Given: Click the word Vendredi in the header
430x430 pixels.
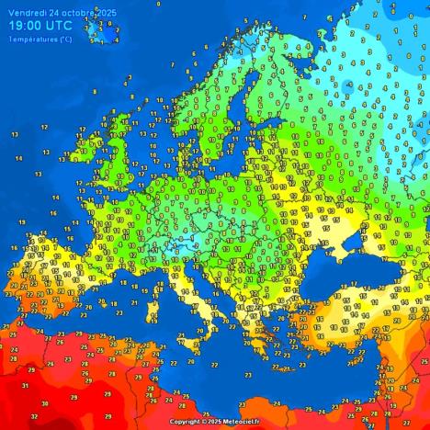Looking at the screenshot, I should coord(27,11).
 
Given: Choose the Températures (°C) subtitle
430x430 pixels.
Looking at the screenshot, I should coord(40,39).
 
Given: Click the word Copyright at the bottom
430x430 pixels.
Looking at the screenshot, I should coord(187,422).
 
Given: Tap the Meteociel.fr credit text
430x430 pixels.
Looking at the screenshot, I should coord(242,422).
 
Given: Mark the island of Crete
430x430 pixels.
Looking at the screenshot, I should coord(276,360).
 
